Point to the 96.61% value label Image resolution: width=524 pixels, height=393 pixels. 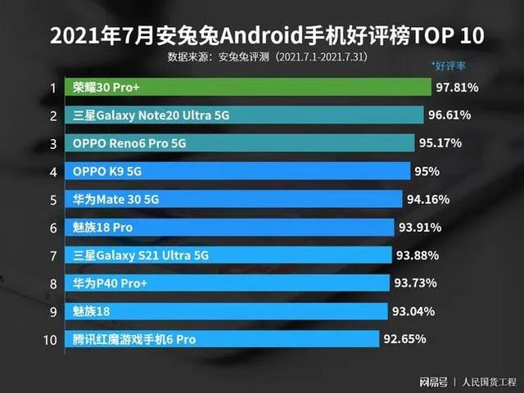pyautogui.click(x=449, y=115)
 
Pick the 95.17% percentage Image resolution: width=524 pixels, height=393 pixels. pyautogui.click(x=440, y=143)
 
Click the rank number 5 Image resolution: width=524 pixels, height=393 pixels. pyautogui.click(x=52, y=200)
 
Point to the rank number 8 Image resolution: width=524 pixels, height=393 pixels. pyautogui.click(x=52, y=283)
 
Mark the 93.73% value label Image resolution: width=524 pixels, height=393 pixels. pyautogui.click(x=414, y=283)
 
